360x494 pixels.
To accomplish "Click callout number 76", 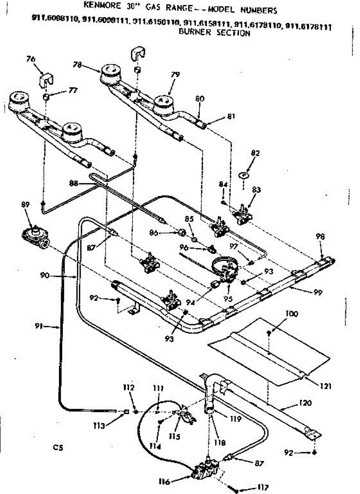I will [x=30, y=59].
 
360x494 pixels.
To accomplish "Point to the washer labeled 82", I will [x=244, y=175].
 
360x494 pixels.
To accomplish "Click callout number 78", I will [x=77, y=64].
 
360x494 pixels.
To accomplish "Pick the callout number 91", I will [x=39, y=327].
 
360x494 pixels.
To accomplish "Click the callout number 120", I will [x=306, y=403].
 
